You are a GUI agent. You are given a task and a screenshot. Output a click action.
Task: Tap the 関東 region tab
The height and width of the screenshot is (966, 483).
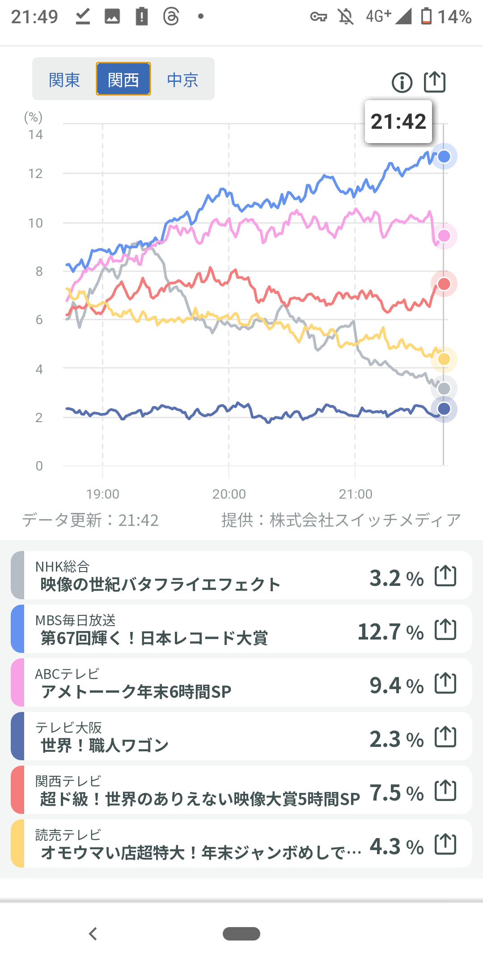click(64, 80)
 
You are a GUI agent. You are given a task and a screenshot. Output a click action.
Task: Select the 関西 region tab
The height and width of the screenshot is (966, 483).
click(123, 80)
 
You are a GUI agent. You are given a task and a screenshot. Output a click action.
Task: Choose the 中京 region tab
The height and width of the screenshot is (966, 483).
click(182, 80)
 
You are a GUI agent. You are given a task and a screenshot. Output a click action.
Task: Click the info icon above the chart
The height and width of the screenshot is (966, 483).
click(402, 83)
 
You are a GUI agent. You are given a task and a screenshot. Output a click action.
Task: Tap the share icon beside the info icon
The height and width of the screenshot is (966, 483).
click(435, 82)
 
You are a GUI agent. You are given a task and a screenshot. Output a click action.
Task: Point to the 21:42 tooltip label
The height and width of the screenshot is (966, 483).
click(398, 122)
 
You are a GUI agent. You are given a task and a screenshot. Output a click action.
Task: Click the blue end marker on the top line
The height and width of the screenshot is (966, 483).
click(444, 157)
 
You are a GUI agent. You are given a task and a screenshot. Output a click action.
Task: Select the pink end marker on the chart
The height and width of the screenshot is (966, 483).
click(444, 236)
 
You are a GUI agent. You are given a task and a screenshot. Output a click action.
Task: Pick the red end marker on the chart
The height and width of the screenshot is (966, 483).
click(444, 284)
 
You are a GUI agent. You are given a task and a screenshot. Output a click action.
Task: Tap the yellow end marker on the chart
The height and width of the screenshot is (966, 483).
click(444, 359)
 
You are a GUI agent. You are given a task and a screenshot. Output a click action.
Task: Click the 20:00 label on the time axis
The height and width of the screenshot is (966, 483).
click(229, 494)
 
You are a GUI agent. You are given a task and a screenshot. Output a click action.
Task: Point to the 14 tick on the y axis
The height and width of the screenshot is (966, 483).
click(35, 135)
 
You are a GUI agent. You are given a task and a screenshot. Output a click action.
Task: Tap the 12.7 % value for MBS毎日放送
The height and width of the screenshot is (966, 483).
click(390, 632)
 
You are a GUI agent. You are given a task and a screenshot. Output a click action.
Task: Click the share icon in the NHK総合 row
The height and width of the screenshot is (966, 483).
click(446, 576)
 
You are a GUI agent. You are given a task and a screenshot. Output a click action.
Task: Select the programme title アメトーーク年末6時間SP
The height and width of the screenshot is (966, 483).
click(136, 692)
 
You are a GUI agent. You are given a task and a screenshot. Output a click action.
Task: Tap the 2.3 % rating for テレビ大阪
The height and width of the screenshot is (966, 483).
click(396, 739)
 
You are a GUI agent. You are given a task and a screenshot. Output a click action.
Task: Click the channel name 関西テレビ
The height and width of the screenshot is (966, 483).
click(68, 781)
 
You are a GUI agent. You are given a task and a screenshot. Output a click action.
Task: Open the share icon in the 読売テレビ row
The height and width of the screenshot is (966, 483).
click(446, 844)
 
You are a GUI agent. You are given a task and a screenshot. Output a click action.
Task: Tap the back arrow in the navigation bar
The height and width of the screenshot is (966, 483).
click(93, 934)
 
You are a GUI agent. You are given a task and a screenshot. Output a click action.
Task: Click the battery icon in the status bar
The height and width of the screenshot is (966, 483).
click(427, 17)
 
